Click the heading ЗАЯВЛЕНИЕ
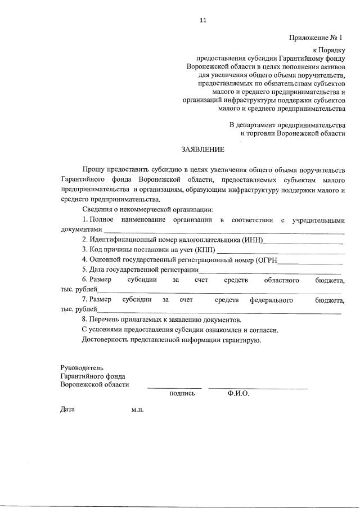(202, 150)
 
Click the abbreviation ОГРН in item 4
(267, 260)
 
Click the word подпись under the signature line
(182, 394)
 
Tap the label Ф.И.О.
(238, 394)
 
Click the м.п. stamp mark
(137, 410)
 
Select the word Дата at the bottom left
(67, 410)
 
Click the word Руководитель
(82, 367)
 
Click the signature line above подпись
(174, 387)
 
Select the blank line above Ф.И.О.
(258, 387)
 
